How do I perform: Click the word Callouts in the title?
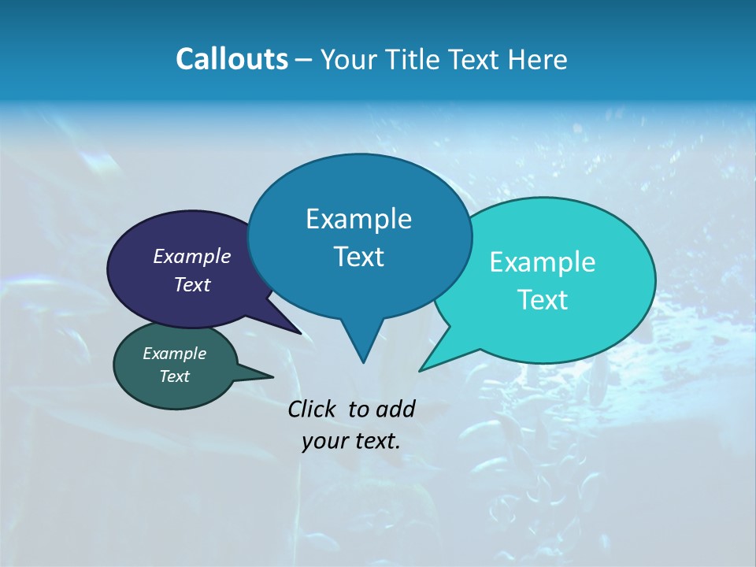[232, 60]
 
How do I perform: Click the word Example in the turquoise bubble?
[543, 262]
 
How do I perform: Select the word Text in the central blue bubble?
[359, 257]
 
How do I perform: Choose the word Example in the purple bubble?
[192, 256]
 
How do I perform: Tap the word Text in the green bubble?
[175, 376]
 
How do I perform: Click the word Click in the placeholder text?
[313, 409]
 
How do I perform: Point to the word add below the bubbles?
[395, 409]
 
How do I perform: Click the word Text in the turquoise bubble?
[543, 300]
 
